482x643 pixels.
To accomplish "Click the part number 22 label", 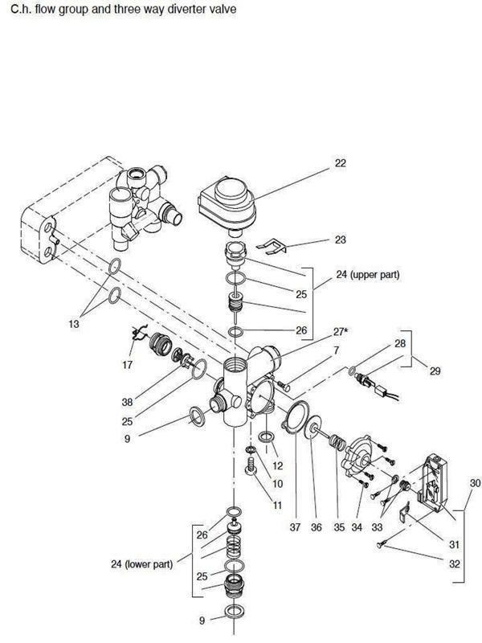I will [x=340, y=164].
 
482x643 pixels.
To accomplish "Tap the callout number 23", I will [x=340, y=240].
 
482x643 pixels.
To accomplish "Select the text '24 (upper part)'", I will [x=369, y=275].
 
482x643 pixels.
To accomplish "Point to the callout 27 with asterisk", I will [x=343, y=331].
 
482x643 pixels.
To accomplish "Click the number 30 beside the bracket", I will [x=475, y=483].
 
